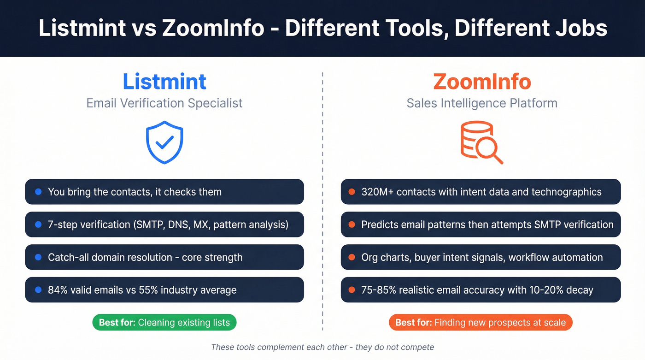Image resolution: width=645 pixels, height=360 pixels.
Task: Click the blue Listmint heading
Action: coord(164,82)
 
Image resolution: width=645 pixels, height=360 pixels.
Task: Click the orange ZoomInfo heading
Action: coord(482,82)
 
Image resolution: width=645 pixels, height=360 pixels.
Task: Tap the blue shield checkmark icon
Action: coord(164,142)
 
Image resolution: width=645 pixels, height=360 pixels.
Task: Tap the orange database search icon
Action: coord(481,142)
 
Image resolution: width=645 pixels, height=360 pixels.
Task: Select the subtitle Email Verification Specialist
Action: coord(164,103)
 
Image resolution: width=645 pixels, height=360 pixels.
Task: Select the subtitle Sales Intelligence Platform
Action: coord(482,103)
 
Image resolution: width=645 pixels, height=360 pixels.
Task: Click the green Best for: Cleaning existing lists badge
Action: coord(164,323)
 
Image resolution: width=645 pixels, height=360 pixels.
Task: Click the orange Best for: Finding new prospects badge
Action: coord(481,323)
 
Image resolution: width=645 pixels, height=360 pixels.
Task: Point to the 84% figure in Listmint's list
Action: coord(58,290)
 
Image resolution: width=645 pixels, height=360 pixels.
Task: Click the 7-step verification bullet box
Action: coord(164,224)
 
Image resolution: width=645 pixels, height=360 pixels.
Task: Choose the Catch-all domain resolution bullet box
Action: coord(164,257)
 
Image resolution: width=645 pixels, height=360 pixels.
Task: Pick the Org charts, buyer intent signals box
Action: coord(481,257)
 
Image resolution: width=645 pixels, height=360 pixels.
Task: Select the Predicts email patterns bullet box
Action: coord(481,224)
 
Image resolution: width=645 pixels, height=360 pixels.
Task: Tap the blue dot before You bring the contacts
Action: coord(39,192)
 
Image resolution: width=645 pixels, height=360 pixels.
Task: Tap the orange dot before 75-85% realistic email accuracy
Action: coord(352,290)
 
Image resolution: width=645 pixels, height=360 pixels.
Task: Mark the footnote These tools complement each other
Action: coord(322,347)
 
